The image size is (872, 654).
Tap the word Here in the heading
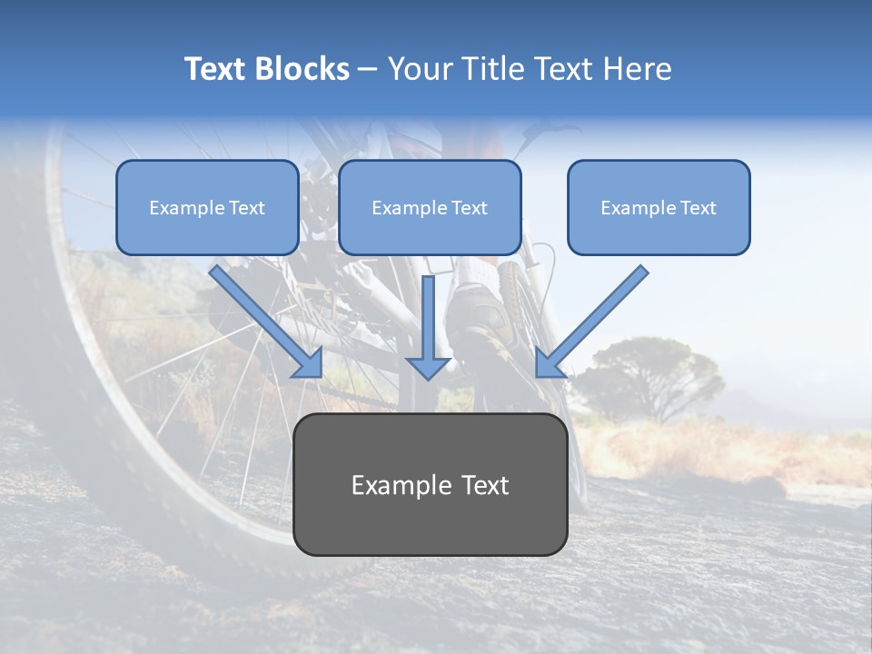tap(639, 69)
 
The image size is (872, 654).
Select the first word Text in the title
tap(216, 69)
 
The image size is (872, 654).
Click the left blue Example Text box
tap(207, 207)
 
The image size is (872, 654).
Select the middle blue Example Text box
tap(430, 207)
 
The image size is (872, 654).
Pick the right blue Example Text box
tap(659, 207)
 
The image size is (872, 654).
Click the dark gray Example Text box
tap(430, 484)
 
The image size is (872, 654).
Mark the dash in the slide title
tap(368, 70)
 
